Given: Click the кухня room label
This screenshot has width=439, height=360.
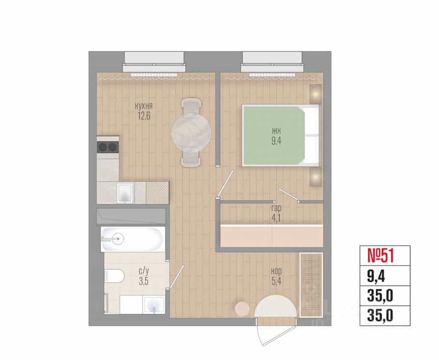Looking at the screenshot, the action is click(x=144, y=106).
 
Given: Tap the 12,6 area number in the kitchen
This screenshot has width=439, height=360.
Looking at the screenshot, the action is click(x=144, y=116).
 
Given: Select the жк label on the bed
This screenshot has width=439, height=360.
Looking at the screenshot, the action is click(x=276, y=131).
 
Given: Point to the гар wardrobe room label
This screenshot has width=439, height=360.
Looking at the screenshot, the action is click(x=276, y=208).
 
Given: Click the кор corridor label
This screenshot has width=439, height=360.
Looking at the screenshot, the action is click(x=276, y=271).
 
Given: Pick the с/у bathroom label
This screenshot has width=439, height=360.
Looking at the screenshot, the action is click(x=144, y=271).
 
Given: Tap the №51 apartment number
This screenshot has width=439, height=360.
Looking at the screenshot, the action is click(x=381, y=256).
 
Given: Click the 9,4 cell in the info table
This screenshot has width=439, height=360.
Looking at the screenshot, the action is click(x=376, y=276).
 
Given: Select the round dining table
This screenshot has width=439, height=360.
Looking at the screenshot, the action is click(x=191, y=133).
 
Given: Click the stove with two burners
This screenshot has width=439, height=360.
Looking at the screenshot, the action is click(x=108, y=147).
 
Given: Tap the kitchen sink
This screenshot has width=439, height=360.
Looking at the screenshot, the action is click(x=125, y=193).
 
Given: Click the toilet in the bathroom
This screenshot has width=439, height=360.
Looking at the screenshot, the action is click(x=114, y=276).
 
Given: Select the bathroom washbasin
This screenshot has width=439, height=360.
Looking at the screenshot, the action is click(x=154, y=305).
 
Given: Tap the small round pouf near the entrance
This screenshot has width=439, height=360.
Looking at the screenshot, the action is click(x=242, y=309).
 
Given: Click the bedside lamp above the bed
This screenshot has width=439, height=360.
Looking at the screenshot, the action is click(x=316, y=94).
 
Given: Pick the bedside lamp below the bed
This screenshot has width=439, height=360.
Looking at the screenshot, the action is click(x=316, y=177).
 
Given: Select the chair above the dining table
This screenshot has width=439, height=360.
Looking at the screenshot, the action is click(x=191, y=106).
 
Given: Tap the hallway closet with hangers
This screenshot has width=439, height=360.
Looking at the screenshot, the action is click(x=311, y=285).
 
